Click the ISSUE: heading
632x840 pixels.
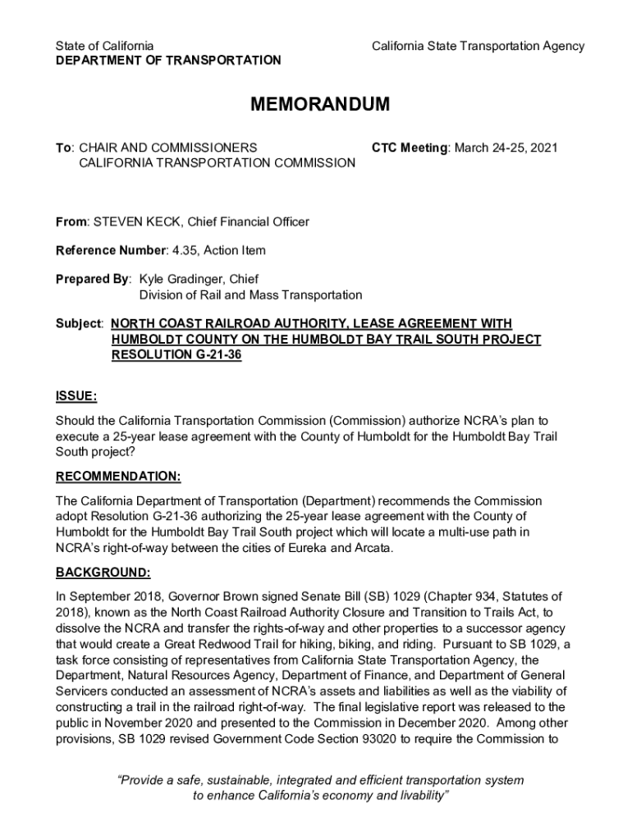[76, 397]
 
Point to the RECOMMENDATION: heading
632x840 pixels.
[118, 477]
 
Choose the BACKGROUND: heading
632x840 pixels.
[103, 573]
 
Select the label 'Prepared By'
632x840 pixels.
[92, 279]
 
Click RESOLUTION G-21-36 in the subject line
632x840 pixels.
[176, 355]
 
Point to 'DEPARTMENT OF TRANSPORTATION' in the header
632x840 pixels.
[167, 61]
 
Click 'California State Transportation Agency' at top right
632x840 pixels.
[478, 46]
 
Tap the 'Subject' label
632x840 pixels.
[78, 324]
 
